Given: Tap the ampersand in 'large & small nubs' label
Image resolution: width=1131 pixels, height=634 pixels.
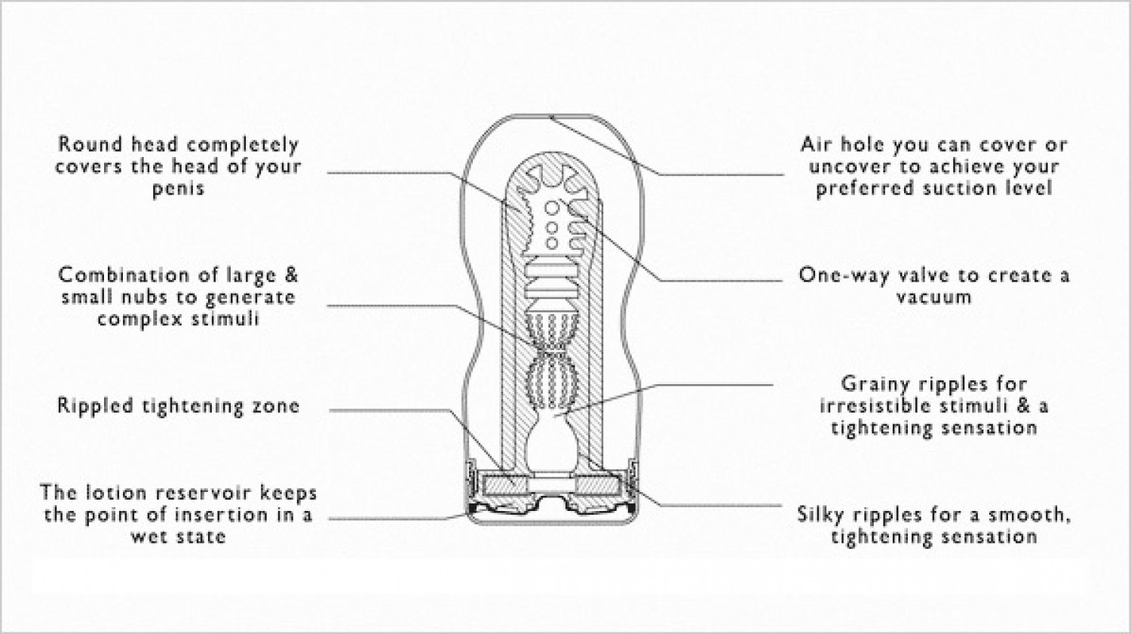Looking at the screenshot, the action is point(291,275).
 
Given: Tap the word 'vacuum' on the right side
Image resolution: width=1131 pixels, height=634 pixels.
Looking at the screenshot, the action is point(933,297).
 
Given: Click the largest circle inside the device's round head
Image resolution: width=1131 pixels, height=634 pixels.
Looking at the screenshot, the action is point(551,208).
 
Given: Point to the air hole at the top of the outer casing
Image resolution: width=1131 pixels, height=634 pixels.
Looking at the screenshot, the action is point(551,117).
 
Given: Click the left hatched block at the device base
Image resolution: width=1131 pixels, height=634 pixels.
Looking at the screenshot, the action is point(505,486).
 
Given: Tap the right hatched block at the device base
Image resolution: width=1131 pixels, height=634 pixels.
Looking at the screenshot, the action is point(597,486).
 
